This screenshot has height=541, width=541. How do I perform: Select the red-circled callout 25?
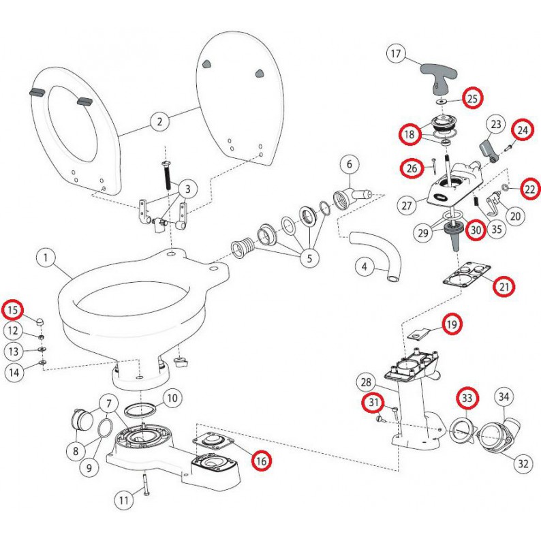(472, 99)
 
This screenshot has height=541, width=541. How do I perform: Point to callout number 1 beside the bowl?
(46, 259)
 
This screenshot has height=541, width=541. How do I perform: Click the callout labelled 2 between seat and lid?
(159, 122)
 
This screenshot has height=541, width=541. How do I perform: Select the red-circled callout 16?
(261, 461)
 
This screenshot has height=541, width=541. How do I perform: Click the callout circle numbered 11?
(123, 501)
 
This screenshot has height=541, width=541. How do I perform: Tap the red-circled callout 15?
(13, 311)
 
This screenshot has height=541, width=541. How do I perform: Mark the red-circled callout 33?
(467, 397)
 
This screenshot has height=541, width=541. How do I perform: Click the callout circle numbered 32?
(523, 464)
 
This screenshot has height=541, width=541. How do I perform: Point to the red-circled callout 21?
(504, 288)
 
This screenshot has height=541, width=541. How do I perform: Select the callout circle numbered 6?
(349, 164)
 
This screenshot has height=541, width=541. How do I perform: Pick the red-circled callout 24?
(522, 129)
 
